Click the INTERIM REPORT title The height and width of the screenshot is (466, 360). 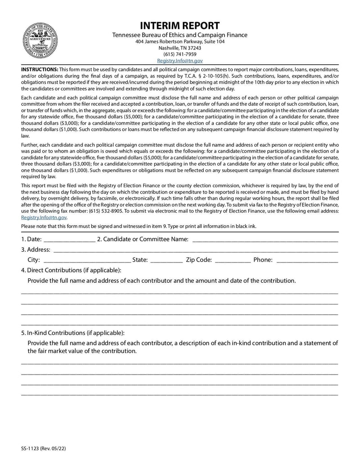tap(180, 26)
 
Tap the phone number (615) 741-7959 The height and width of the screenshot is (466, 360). tap(180, 54)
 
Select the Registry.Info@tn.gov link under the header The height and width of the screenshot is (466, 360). tap(180, 60)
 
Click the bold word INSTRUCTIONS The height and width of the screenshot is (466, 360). tap(40, 70)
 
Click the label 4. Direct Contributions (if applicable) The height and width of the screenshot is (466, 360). tap(71, 270)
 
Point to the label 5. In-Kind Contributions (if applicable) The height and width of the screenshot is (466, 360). tap(72, 333)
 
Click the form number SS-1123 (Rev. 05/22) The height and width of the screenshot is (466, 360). tap(45, 448)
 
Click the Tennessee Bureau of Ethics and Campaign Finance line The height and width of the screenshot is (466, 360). tap(180, 35)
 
